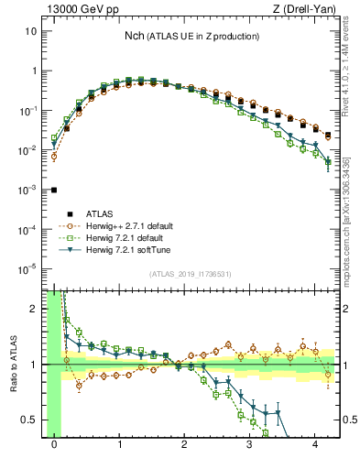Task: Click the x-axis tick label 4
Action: [316, 445]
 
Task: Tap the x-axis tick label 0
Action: [54, 445]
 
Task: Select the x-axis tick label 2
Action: [185, 445]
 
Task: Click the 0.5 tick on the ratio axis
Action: [33, 420]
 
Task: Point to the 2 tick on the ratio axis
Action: [37, 309]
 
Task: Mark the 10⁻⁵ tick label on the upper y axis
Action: [30, 268]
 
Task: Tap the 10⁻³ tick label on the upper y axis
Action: [30, 190]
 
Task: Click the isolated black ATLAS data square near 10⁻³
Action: [54, 190]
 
